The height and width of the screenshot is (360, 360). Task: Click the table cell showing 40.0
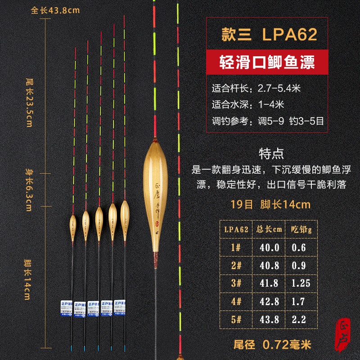pyautogui.click(x=269, y=247)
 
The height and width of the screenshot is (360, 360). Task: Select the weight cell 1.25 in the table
pyautogui.click(x=302, y=283)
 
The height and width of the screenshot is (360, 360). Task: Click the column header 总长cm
pyautogui.click(x=269, y=229)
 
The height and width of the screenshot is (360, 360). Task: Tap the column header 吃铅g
pyautogui.click(x=302, y=229)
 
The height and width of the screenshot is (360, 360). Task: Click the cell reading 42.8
pyautogui.click(x=269, y=301)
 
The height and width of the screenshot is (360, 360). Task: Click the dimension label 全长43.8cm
pyautogui.click(x=49, y=10)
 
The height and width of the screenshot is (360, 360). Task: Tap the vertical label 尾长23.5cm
pyautogui.click(x=29, y=102)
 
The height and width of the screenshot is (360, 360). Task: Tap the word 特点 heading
pyautogui.click(x=271, y=153)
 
